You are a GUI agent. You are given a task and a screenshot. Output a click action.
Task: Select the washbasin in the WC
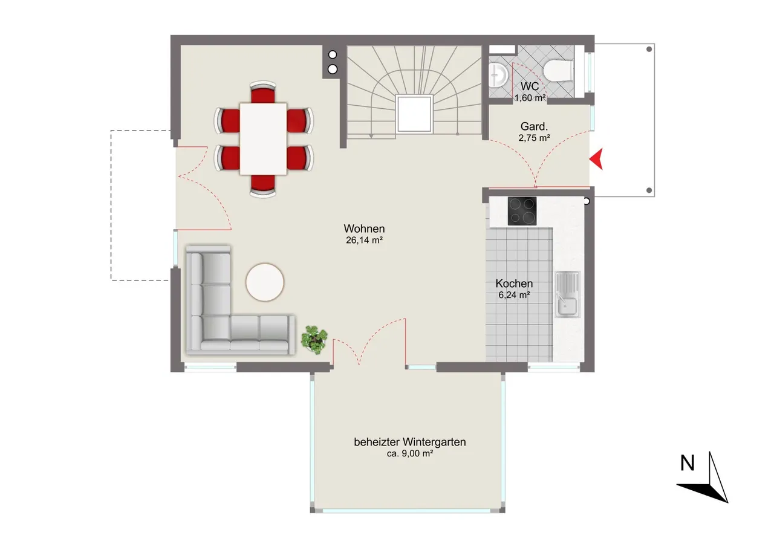point(498,75)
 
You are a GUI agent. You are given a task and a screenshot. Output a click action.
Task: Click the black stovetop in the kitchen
point(522,211)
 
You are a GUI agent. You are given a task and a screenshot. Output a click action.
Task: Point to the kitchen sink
point(567,294)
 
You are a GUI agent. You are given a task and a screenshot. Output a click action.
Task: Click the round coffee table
point(265,282)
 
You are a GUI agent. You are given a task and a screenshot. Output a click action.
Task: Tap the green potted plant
point(314,340)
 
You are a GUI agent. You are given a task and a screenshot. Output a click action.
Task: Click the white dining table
point(263,139)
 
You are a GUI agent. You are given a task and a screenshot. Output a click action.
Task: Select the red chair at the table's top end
point(263,92)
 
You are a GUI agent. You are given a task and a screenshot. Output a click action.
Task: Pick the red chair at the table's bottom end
point(263,186)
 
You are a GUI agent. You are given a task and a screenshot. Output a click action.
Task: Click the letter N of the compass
point(687,463)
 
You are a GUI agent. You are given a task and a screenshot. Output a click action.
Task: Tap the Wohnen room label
point(364,228)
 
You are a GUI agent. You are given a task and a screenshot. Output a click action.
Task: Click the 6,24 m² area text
point(514,295)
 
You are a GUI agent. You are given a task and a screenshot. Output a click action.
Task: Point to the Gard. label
point(534,126)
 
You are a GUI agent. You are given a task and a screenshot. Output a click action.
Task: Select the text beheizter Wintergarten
point(410,442)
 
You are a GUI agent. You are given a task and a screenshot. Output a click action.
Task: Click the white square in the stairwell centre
point(414,114)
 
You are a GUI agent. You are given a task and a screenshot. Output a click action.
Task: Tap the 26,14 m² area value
point(364,240)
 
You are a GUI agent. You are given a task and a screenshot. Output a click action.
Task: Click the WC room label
point(530,86)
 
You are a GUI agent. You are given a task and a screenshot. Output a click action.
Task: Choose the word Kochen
point(514,283)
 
